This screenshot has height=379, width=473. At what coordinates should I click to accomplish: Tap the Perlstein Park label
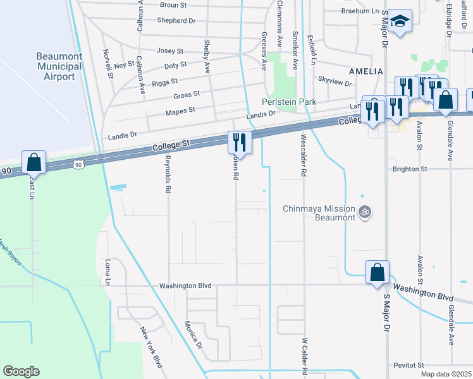289,102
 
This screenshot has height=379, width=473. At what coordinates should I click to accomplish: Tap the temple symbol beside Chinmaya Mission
364,213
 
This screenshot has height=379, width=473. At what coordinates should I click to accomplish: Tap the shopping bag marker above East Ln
34,162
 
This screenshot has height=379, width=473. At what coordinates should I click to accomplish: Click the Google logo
21,371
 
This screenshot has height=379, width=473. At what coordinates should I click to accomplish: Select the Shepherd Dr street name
176,21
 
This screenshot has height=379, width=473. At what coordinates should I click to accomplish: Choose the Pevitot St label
407,366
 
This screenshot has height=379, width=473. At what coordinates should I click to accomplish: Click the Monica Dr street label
193,335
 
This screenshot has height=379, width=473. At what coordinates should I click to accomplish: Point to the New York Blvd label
151,347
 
